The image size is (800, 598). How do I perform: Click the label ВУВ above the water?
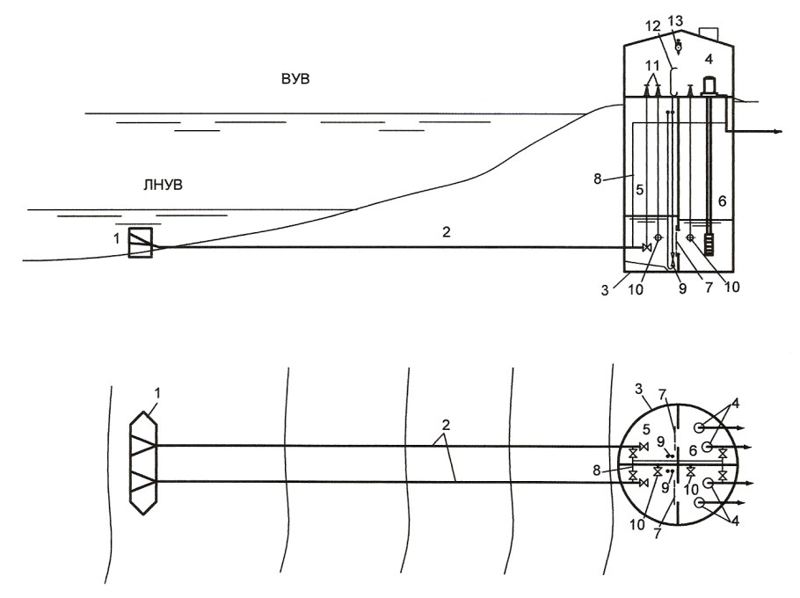(x=295, y=80)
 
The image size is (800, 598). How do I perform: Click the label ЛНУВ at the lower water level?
(x=163, y=185)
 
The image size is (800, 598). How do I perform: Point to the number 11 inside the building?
(x=652, y=66)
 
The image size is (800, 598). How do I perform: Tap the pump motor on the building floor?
(x=709, y=85)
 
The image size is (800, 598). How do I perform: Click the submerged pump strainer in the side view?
(x=709, y=244)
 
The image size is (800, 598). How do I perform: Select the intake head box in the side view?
(x=141, y=243)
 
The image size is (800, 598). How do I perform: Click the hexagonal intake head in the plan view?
(x=143, y=463)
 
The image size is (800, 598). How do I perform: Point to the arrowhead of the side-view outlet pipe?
(x=778, y=132)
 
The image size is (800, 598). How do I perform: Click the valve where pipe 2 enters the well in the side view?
(x=646, y=247)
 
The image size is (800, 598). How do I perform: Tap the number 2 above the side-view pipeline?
(x=446, y=232)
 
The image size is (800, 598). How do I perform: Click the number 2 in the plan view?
(x=446, y=426)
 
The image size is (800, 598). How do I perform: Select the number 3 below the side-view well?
(x=605, y=291)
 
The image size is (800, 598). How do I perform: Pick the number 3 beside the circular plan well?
(x=637, y=390)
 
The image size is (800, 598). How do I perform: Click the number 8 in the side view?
(x=598, y=179)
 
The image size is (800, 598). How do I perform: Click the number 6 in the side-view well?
(x=722, y=201)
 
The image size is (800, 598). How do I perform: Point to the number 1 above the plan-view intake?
(x=157, y=393)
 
